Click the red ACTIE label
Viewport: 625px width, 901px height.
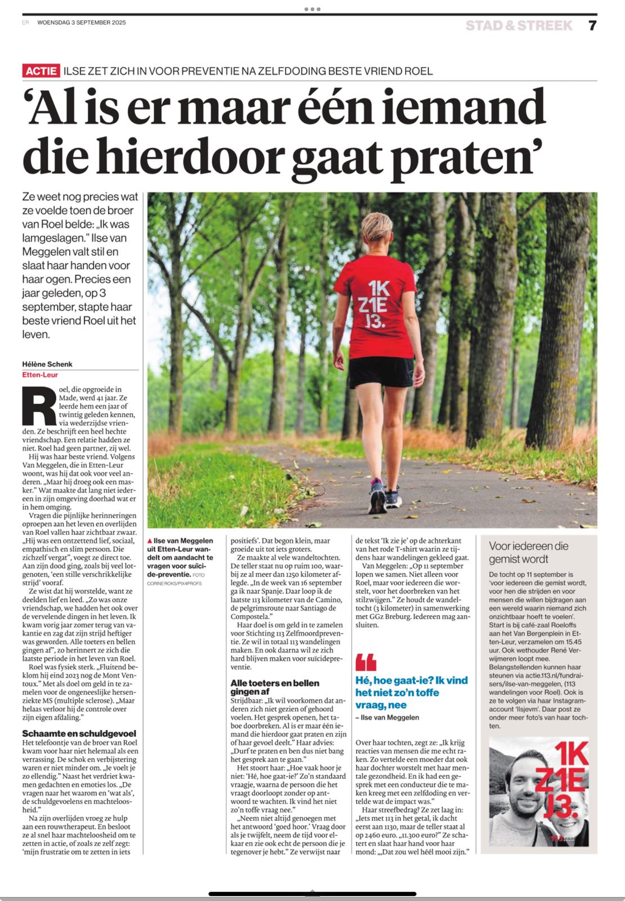tap(41, 71)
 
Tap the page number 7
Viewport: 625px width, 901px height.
tap(592, 25)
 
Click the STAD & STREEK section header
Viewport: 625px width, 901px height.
tap(519, 25)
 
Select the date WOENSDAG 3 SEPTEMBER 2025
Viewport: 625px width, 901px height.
tap(82, 23)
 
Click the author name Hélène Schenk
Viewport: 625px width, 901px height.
tap(47, 364)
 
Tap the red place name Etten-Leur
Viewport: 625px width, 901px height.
tap(40, 374)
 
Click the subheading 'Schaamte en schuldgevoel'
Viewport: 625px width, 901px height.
tap(79, 733)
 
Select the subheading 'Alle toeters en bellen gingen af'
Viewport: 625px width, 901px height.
tap(275, 687)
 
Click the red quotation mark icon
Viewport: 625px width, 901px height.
tap(366, 662)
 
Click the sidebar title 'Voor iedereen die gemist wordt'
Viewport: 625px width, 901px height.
tap(528, 552)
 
